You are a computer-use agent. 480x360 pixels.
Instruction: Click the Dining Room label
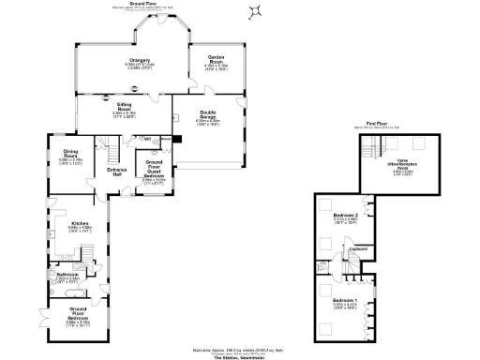(x=70, y=155)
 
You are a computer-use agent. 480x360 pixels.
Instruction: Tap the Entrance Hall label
(x=116, y=172)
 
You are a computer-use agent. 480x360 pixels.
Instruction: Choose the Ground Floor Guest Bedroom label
(x=153, y=172)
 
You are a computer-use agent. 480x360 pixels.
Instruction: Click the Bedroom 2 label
(x=345, y=218)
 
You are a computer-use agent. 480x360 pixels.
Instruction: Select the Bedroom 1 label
(x=345, y=301)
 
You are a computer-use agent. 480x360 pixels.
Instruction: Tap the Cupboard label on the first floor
(x=357, y=248)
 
